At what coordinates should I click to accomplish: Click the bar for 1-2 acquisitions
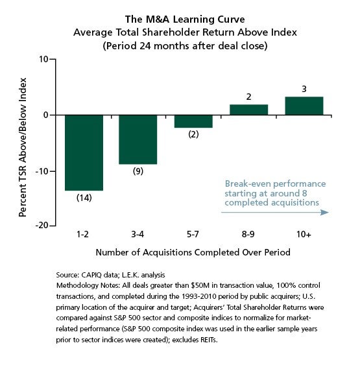[x=84, y=153]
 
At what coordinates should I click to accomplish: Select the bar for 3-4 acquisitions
[x=138, y=139]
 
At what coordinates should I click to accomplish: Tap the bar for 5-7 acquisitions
[x=193, y=121]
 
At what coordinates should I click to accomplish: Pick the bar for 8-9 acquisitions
[x=248, y=110]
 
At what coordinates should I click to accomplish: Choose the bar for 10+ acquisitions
[x=304, y=106]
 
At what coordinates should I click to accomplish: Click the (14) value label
[x=84, y=198]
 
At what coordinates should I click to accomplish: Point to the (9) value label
[x=138, y=171]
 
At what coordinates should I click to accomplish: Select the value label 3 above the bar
[x=304, y=89]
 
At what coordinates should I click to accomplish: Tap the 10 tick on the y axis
[x=43, y=59]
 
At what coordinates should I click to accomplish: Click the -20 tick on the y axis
[x=42, y=226]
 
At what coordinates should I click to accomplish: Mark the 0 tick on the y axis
[x=46, y=115]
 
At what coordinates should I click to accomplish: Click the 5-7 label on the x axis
[x=193, y=234]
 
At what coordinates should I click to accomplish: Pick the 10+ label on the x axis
[x=304, y=234]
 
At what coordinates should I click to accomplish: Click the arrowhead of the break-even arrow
[x=325, y=212]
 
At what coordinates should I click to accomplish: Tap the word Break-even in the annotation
[x=246, y=184]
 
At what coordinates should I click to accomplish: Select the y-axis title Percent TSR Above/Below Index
[x=23, y=147]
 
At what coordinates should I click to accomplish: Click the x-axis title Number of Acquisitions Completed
[x=167, y=252]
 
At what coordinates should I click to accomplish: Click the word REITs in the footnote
[x=209, y=340]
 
